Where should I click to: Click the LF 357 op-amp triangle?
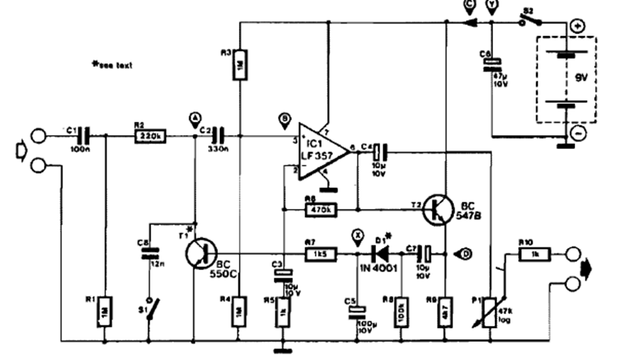[x=322, y=152]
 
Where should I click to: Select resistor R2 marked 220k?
[x=150, y=136]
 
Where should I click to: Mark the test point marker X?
[x=357, y=236]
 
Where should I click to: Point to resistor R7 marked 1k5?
[x=320, y=254]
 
